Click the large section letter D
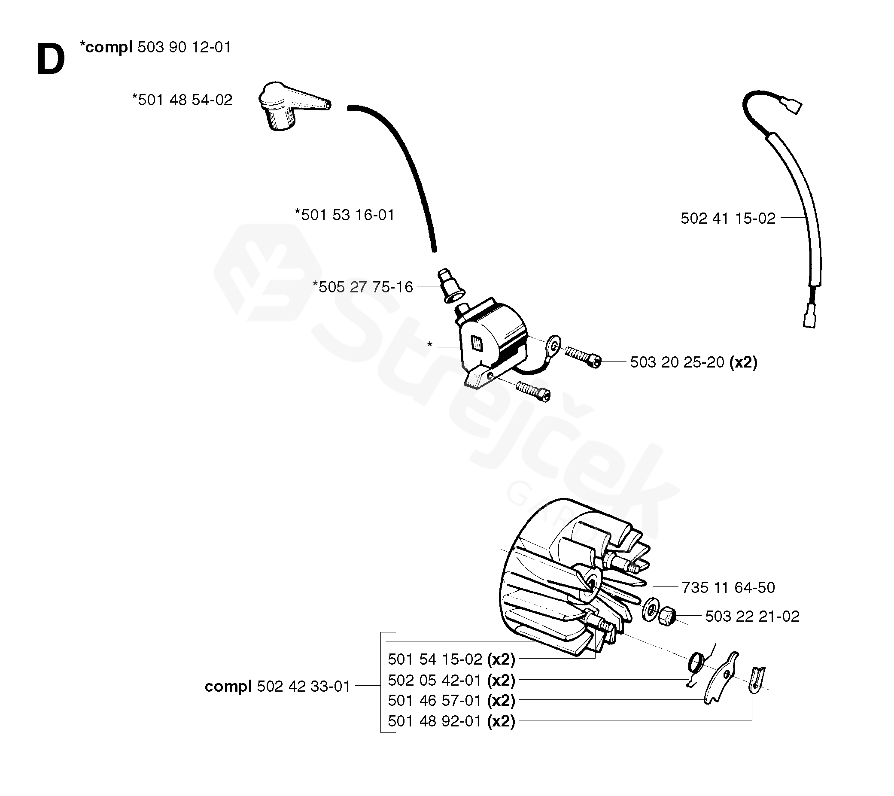point(51,60)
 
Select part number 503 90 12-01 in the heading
point(184,47)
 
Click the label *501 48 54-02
point(182,100)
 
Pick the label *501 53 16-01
point(345,215)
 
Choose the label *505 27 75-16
point(363,287)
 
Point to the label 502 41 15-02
point(728,218)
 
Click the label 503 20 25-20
point(677,362)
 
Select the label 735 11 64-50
point(728,587)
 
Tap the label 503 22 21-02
point(752,616)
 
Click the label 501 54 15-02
point(435,659)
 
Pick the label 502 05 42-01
point(435,681)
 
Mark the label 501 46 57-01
point(435,701)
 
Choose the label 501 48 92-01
point(435,721)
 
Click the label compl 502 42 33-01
point(278,686)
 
